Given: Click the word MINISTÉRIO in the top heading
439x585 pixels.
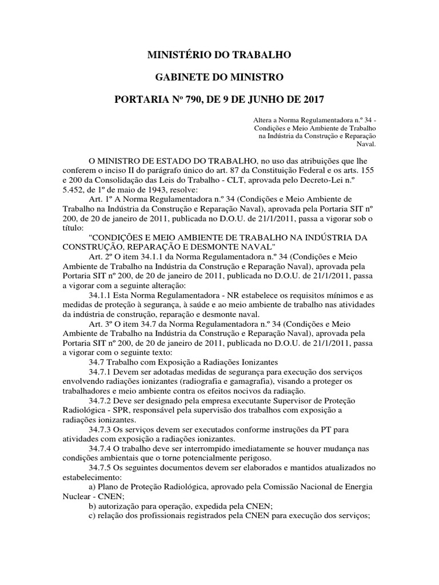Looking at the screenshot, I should [x=175, y=55].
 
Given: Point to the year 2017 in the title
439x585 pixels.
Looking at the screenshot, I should [x=311, y=99].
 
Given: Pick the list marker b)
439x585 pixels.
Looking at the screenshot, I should [x=93, y=506].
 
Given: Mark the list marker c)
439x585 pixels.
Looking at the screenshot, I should [x=93, y=516].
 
